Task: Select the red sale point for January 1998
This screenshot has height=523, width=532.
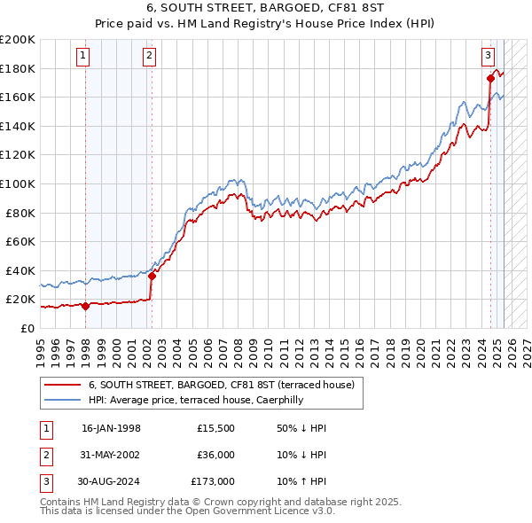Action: click(x=85, y=306)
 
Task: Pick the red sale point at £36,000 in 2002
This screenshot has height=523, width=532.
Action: click(x=152, y=276)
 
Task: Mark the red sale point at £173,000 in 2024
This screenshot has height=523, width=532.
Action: click(x=490, y=78)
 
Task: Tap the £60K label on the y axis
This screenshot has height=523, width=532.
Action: click(x=20, y=241)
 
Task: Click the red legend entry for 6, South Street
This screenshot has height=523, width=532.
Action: click(x=222, y=385)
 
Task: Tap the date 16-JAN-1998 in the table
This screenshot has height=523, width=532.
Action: click(x=111, y=428)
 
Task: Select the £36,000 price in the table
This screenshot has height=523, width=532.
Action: click(x=216, y=455)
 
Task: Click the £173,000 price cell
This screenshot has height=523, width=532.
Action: click(x=213, y=481)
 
